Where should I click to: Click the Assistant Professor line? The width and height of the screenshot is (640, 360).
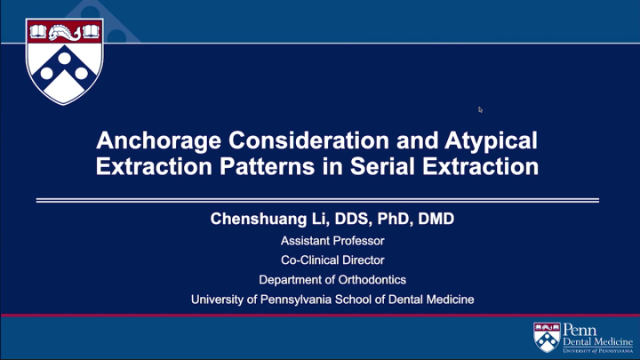click(x=332, y=241)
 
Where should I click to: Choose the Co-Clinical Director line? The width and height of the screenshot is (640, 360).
click(x=332, y=260)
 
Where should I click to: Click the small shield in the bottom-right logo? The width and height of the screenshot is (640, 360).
click(x=547, y=337)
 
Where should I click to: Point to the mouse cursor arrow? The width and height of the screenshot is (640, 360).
click(x=480, y=109)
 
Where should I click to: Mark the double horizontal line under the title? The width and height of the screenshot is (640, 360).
click(x=317, y=201)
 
